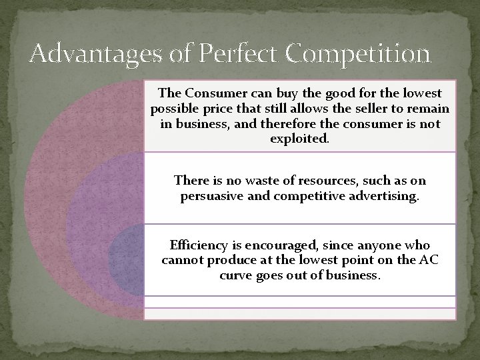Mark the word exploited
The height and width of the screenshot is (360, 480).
click(300, 139)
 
